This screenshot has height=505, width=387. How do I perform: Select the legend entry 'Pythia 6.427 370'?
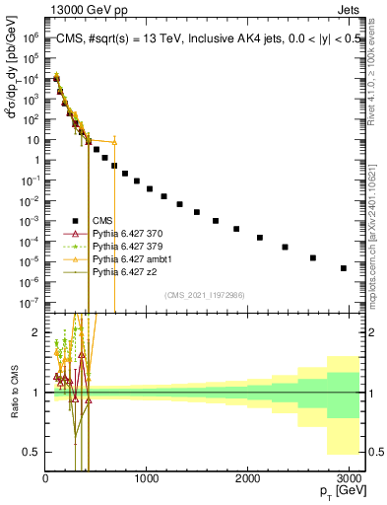(x=127, y=234)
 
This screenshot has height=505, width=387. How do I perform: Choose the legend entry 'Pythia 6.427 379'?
(x=127, y=247)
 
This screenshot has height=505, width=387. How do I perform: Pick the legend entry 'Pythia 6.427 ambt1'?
(x=131, y=259)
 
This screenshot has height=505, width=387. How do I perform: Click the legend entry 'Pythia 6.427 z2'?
(x=124, y=272)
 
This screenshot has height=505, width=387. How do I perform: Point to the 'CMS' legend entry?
(x=102, y=221)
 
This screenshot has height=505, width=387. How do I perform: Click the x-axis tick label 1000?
(x=146, y=477)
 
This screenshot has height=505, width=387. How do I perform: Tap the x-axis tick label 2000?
(x=247, y=477)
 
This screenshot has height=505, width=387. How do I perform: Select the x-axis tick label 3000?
(x=348, y=477)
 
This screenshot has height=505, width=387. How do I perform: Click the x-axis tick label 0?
(x=45, y=477)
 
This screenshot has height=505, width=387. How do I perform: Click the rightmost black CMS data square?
(x=344, y=268)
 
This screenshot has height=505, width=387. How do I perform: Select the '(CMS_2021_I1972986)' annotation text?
(x=204, y=295)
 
